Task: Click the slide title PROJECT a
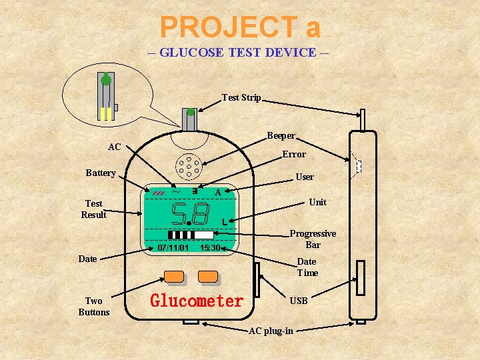coord(240,27)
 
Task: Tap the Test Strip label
coord(241,97)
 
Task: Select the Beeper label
coord(281,136)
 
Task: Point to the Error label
coord(293,154)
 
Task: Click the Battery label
coord(101,173)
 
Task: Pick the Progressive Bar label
coord(313,239)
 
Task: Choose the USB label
coord(299,301)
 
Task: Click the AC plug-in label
coord(270,331)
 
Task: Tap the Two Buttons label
coord(93,307)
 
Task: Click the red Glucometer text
coord(197,301)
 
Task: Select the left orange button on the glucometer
coord(174,275)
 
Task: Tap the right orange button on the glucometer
coord(208,275)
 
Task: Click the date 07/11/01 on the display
coord(173,248)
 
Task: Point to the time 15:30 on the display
coord(210,248)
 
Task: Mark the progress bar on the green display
coord(191,235)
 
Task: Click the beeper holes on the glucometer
coord(189,167)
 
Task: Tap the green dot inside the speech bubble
coord(105,81)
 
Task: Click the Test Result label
coord(93,209)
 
